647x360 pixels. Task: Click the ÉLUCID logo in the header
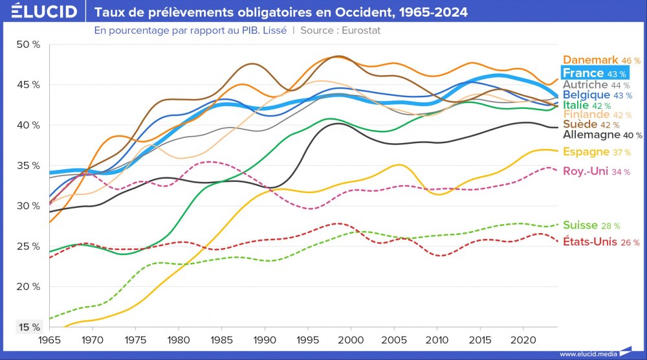[x=39, y=12]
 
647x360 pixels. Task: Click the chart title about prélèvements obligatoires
[x=281, y=12]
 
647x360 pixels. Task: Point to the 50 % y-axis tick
[x=28, y=45]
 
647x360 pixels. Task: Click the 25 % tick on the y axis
[x=28, y=246]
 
